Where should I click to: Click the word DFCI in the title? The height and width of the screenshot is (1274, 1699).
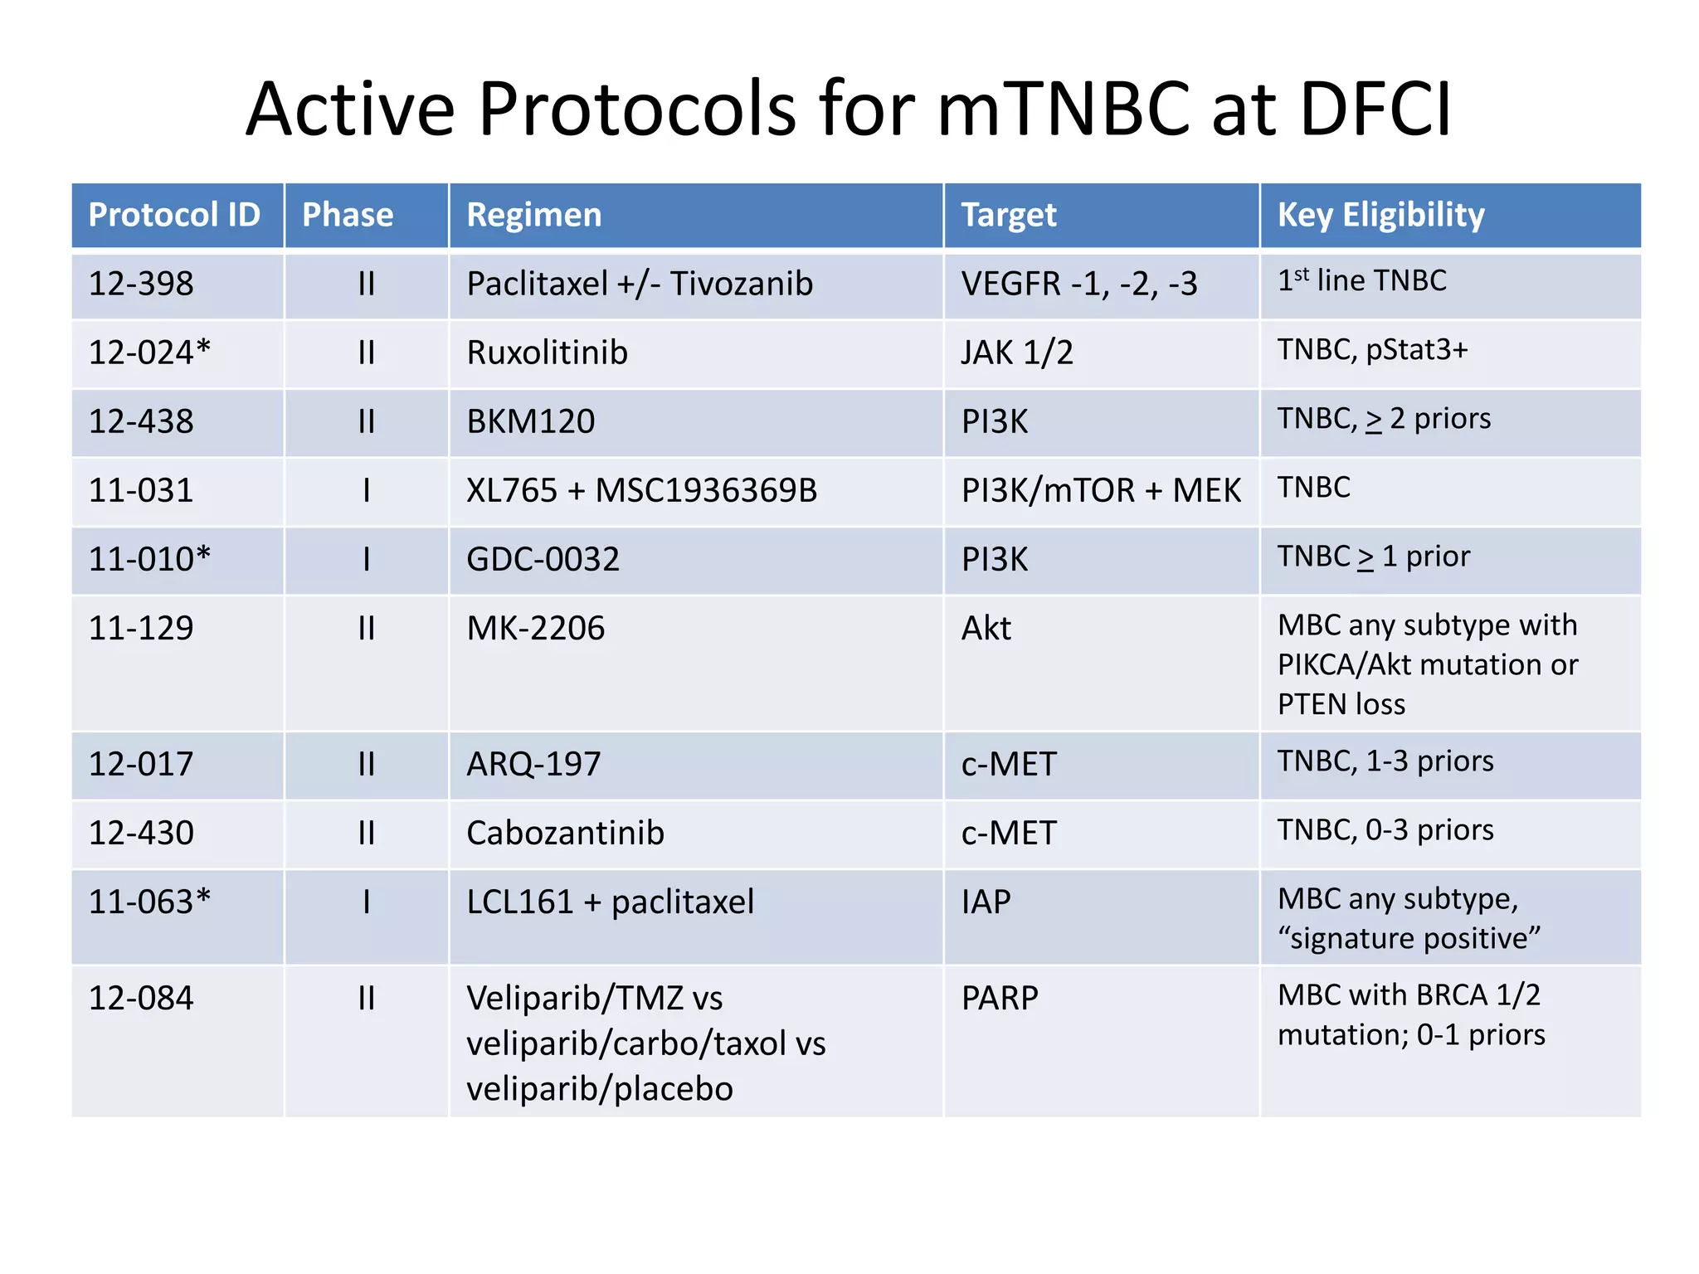tap(1375, 109)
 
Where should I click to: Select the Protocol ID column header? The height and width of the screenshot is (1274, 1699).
tap(174, 215)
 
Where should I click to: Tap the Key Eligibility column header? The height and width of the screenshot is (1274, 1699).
tap(1380, 215)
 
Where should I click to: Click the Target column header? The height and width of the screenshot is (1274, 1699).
tap(1008, 215)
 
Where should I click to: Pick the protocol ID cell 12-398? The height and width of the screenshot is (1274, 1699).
tap(141, 284)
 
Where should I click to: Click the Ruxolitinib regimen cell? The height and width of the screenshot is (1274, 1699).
tap(547, 353)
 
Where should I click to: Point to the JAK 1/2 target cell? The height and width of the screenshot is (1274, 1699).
tap(1016, 353)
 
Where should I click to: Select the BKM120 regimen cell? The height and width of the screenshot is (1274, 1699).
tap(530, 421)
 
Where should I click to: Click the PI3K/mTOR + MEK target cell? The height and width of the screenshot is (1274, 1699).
tap(1100, 490)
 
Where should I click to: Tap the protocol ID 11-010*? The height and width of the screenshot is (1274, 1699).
tap(149, 559)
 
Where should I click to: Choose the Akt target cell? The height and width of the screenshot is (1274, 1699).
tap(986, 628)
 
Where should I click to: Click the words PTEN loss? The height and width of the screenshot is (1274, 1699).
tap(1341, 704)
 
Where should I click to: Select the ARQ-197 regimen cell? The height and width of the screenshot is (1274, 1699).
tap(533, 764)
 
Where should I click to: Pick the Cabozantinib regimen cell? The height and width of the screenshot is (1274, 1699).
tap(565, 833)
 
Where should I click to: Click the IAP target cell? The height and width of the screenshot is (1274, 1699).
tap(986, 902)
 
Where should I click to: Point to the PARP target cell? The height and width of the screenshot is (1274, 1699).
tap(999, 998)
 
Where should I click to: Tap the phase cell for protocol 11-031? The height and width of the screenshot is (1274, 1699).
tap(366, 490)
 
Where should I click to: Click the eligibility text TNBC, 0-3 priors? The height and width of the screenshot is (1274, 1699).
tap(1385, 830)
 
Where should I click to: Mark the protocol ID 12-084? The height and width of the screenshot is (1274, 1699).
tap(141, 998)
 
